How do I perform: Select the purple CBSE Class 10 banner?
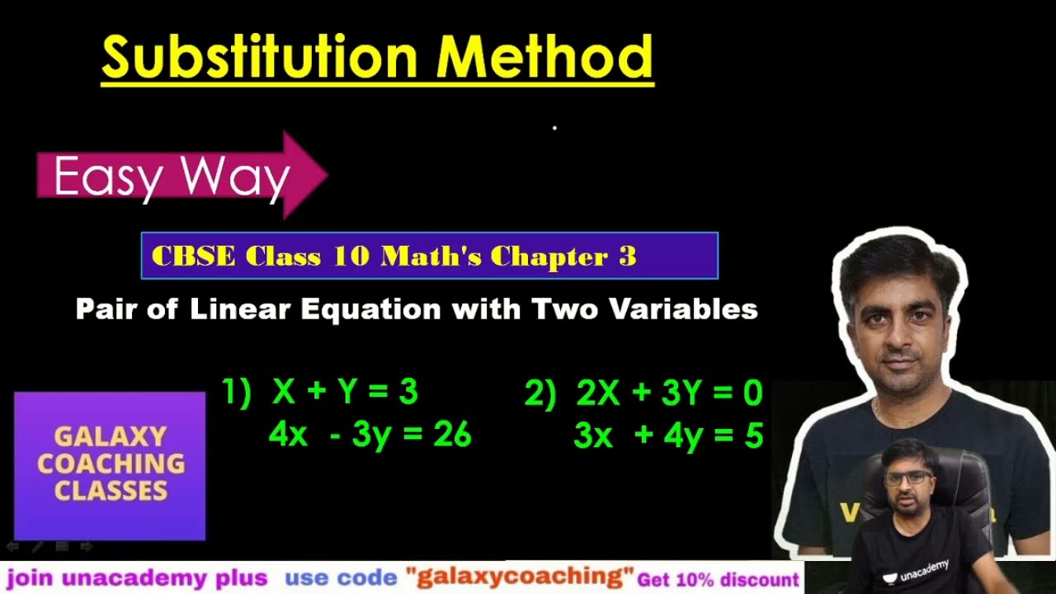tap(429, 256)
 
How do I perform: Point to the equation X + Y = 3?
tap(345, 393)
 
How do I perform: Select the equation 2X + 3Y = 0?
tap(669, 394)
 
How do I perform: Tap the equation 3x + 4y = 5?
tap(668, 436)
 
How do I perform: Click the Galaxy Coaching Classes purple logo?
tap(110, 464)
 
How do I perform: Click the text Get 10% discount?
tap(718, 579)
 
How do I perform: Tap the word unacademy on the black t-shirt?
tap(925, 570)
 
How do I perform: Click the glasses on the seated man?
tap(907, 477)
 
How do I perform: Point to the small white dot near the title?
tap(554, 128)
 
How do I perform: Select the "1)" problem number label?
tap(236, 393)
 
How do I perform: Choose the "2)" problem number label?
tap(540, 394)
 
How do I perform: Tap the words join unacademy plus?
tap(137, 577)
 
